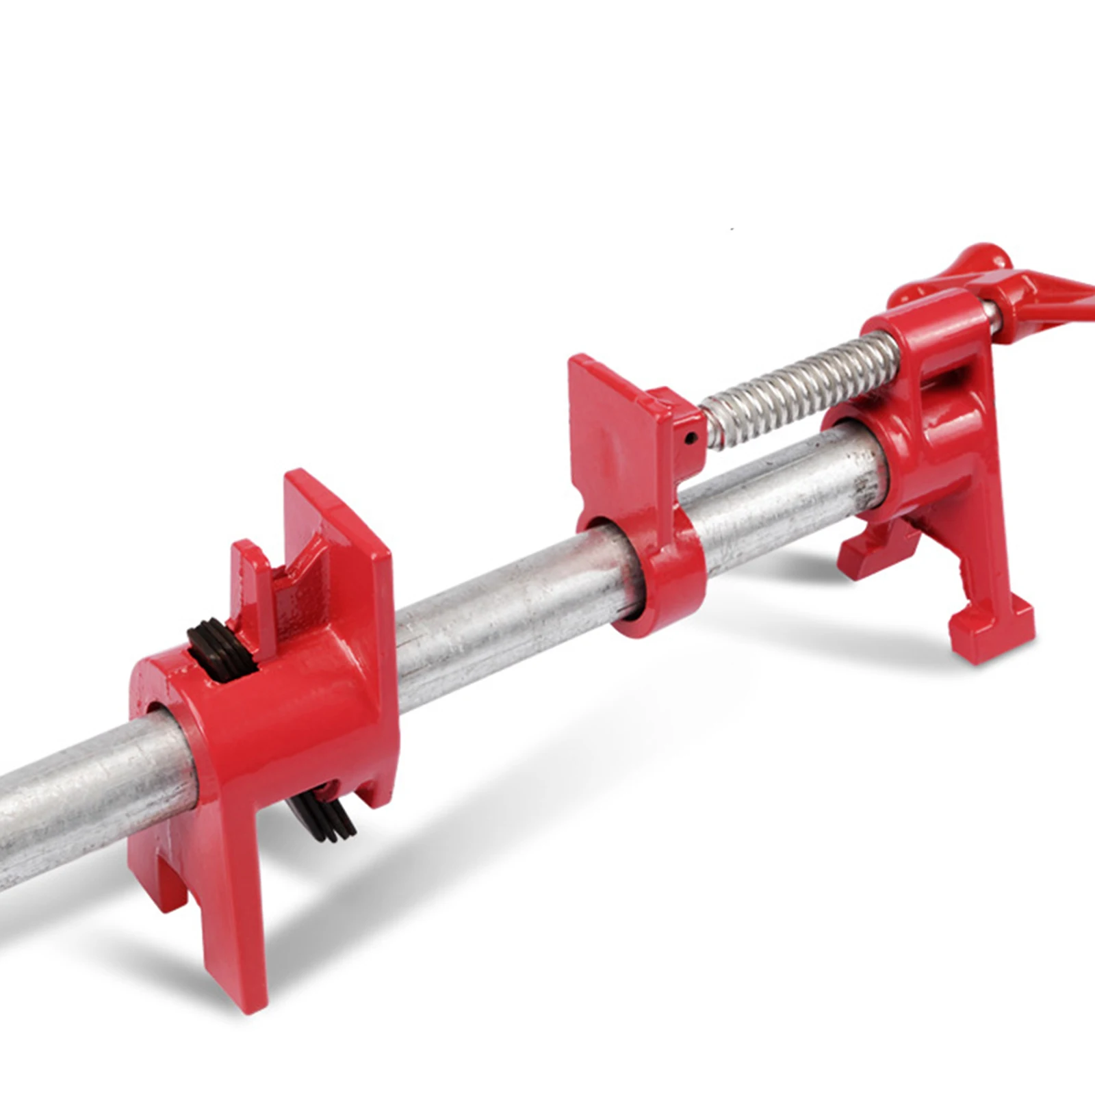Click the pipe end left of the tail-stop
[x=68, y=808]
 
